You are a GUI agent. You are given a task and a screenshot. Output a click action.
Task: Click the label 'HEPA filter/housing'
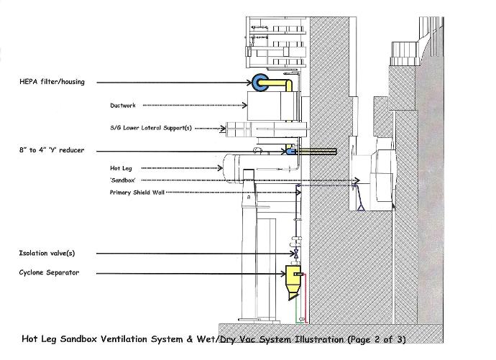(x=52, y=82)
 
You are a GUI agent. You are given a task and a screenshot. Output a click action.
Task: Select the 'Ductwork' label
(x=123, y=106)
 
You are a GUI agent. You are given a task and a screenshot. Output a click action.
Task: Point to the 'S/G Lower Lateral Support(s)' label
(x=151, y=128)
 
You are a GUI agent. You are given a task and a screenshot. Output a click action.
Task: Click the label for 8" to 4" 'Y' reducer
(x=52, y=150)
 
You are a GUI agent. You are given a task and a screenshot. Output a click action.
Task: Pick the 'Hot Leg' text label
(x=121, y=168)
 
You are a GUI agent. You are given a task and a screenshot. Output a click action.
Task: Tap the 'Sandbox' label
(x=123, y=180)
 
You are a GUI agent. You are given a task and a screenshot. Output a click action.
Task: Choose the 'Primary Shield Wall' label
(x=137, y=193)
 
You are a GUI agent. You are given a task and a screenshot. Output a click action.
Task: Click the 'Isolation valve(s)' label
(x=47, y=253)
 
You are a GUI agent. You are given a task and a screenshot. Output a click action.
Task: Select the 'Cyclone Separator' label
(x=49, y=272)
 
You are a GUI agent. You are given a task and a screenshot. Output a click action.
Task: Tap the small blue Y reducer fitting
(x=290, y=152)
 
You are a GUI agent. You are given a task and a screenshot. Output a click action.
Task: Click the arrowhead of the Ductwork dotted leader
(x=245, y=105)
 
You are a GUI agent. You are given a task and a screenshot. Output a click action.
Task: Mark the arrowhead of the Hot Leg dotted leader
(x=221, y=168)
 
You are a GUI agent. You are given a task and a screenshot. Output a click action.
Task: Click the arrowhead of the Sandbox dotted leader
(x=357, y=180)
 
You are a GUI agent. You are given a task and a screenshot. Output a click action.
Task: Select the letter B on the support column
(x=249, y=197)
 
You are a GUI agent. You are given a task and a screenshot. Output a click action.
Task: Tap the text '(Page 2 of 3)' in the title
(x=377, y=339)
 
